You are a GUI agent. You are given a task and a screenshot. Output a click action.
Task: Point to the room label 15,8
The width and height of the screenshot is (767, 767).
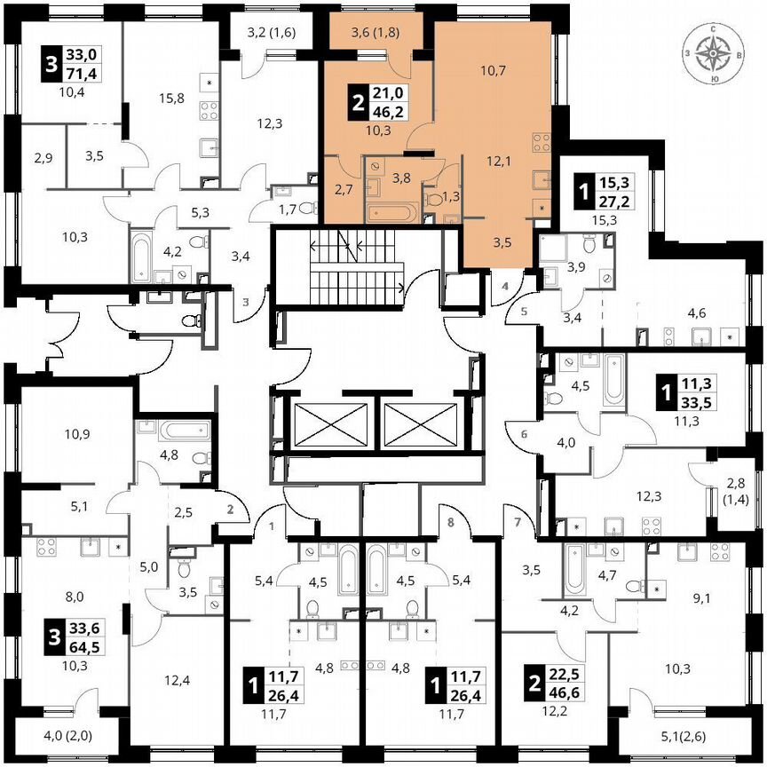coord(170,98)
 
